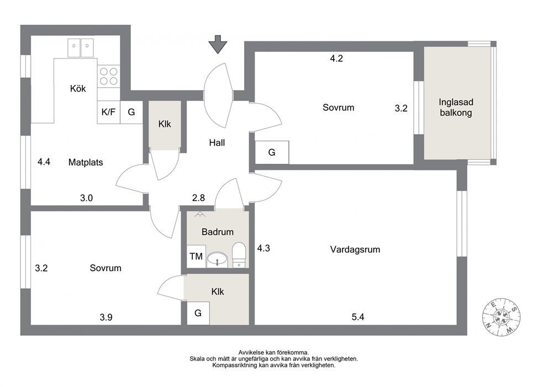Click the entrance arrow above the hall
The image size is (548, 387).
(x=218, y=44)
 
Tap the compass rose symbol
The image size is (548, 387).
(x=502, y=317)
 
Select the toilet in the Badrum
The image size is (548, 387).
(x=239, y=255)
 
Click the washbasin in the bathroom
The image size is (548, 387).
(x=218, y=260)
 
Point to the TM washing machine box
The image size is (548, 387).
(x=196, y=256)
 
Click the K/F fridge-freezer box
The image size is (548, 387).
(x=108, y=112)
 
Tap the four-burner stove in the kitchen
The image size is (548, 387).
(x=108, y=76)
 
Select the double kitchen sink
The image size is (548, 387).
(x=81, y=48)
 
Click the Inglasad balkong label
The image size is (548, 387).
(x=456, y=108)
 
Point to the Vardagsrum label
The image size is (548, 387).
(x=355, y=250)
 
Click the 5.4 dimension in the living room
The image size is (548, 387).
(x=358, y=317)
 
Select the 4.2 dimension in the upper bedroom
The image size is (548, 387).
(x=336, y=59)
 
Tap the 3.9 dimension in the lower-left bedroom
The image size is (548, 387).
(x=106, y=317)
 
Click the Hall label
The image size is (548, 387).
(x=217, y=142)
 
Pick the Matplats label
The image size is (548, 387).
(x=86, y=162)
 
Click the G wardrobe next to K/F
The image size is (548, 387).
(x=131, y=112)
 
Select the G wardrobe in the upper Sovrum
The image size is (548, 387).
(x=272, y=152)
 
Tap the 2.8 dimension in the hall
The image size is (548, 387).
(x=198, y=198)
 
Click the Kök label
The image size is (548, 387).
(x=78, y=88)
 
